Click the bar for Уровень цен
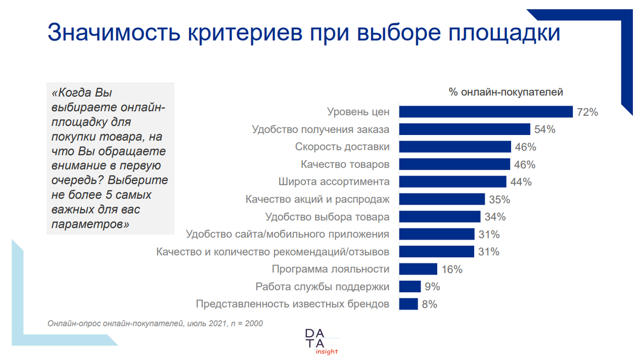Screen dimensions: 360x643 (x=486, y=111)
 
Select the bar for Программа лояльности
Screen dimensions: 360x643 (x=418, y=269)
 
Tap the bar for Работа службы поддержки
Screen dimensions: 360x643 (x=410, y=287)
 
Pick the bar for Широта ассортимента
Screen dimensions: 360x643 (x=453, y=182)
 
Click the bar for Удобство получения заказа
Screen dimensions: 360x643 (x=465, y=129)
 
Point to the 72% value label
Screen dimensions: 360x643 (x=587, y=112)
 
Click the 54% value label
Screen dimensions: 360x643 (x=544, y=129)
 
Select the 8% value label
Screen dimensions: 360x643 (x=429, y=304)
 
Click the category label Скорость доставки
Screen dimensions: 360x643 (x=342, y=147)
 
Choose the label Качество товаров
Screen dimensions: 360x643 (x=345, y=164)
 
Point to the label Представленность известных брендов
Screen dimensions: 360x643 (x=293, y=304)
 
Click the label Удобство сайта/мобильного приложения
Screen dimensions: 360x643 (x=287, y=234)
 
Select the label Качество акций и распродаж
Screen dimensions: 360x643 (x=318, y=199)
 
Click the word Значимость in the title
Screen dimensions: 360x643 (x=113, y=33)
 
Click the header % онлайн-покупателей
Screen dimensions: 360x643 (x=506, y=92)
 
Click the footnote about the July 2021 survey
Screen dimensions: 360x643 (x=155, y=324)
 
